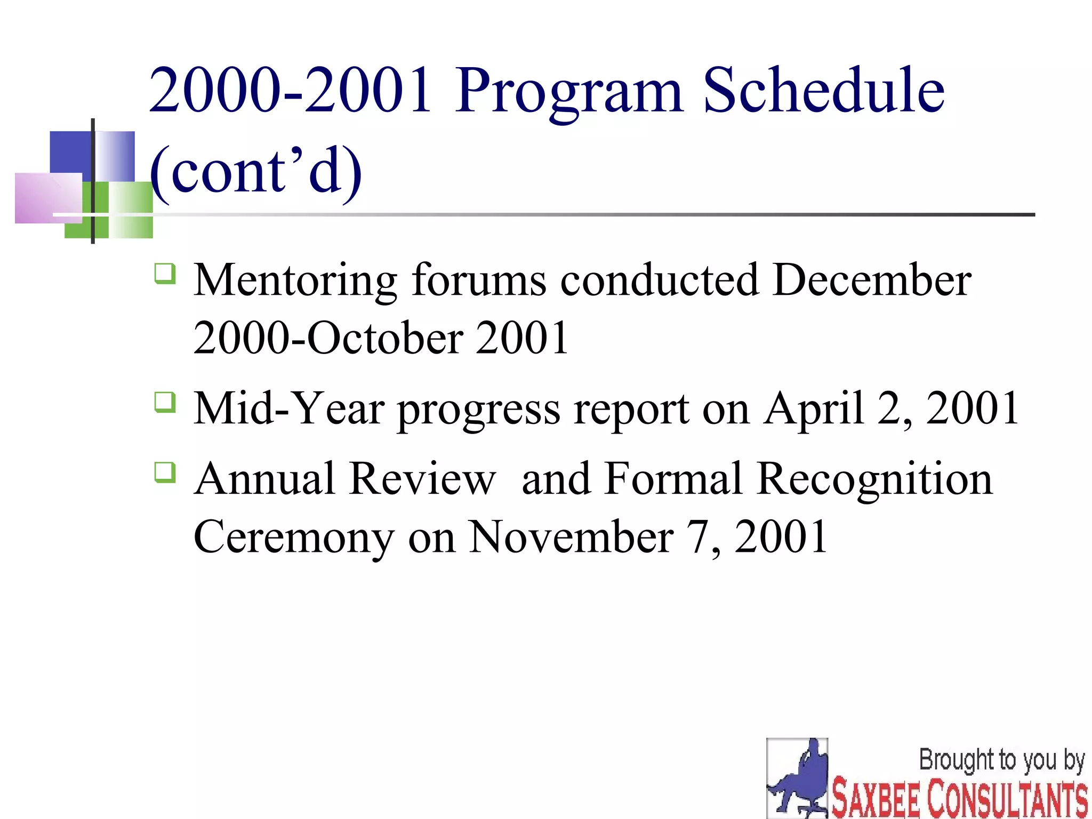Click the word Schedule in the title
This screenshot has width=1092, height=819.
(x=823, y=91)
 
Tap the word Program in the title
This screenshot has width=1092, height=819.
(x=569, y=92)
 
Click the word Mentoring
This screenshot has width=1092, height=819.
(x=295, y=281)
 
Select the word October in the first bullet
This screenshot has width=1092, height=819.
(x=385, y=338)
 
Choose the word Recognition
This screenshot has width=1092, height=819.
(x=874, y=479)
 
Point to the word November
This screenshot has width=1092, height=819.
(x=571, y=537)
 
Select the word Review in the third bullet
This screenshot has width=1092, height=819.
(x=423, y=478)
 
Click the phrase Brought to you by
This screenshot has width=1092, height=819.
(x=1001, y=760)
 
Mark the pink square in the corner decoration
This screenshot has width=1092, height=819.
(x=47, y=198)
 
